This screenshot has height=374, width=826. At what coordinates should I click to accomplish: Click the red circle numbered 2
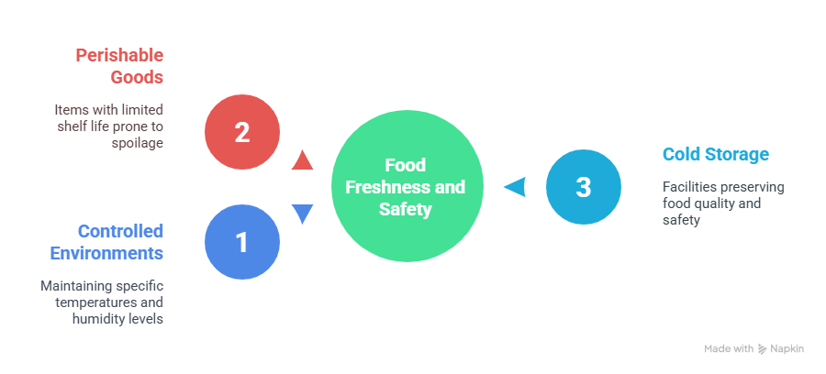pos(242,132)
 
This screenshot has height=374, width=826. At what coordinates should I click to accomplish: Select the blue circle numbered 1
pos(242,242)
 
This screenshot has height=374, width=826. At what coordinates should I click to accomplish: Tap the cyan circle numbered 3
pos(584,187)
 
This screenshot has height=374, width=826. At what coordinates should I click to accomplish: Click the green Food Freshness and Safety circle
pos(406,187)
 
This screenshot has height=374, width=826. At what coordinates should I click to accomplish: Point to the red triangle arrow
pos(301,161)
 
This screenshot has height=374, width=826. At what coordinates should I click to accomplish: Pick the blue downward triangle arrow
pos(301,214)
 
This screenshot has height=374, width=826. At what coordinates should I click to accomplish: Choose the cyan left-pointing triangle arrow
pos(515,187)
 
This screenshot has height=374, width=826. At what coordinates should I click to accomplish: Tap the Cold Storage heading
pos(715,154)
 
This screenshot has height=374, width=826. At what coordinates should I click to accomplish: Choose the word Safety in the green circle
pos(405,209)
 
